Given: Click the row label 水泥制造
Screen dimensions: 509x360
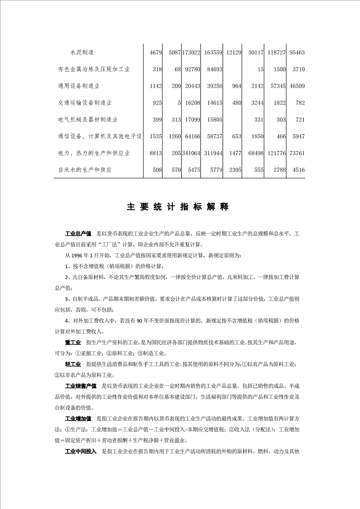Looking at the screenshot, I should pyautogui.click(x=82, y=52).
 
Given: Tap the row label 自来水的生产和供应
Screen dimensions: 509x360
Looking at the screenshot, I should pyautogui.click(x=85, y=170).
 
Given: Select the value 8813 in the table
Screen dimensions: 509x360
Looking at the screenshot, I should pyautogui.click(x=156, y=153).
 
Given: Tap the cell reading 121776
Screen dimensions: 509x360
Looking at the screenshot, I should pyautogui.click(x=276, y=153).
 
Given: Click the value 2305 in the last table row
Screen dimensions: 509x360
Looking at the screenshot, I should pyautogui.click(x=234, y=170).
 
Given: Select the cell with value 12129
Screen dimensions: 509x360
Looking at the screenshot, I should pyautogui.click(x=233, y=53).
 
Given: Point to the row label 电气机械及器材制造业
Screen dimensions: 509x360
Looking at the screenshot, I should pyautogui.click(x=88, y=120).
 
